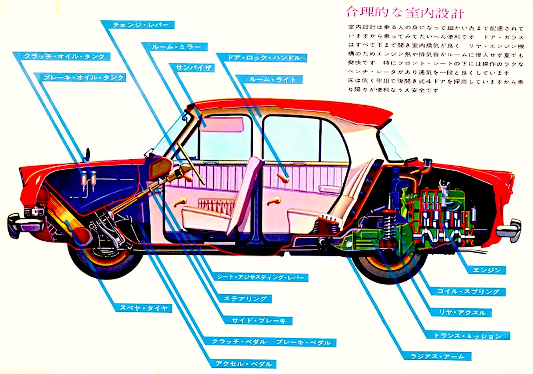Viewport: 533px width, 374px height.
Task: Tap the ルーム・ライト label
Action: [x=270, y=79]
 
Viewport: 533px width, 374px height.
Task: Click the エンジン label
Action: [x=487, y=270]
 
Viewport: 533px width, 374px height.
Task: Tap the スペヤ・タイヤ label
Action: [x=143, y=308]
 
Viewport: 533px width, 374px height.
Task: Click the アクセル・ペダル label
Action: [x=245, y=364]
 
